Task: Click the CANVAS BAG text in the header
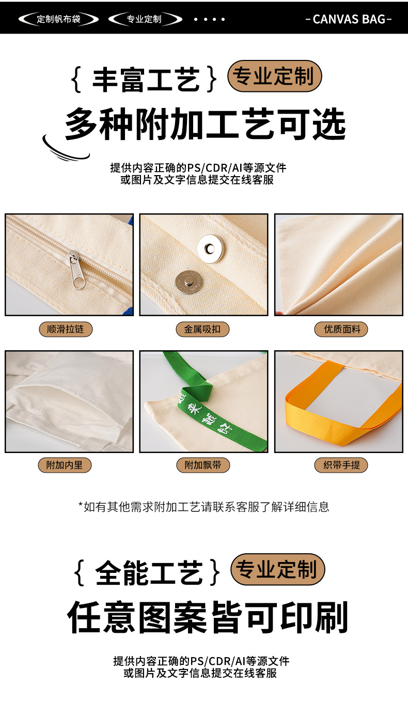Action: click(x=349, y=19)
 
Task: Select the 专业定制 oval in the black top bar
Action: click(x=145, y=20)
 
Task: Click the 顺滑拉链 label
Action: click(x=66, y=329)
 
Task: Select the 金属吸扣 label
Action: click(x=203, y=329)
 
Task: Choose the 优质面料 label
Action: click(x=342, y=329)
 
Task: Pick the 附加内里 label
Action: click(x=65, y=465)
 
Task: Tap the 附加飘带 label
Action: click(x=203, y=465)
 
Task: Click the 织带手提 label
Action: click(x=341, y=465)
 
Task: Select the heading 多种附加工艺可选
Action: click(x=205, y=124)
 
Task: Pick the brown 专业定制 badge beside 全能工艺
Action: click(x=277, y=569)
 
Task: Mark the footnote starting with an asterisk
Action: click(x=203, y=507)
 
